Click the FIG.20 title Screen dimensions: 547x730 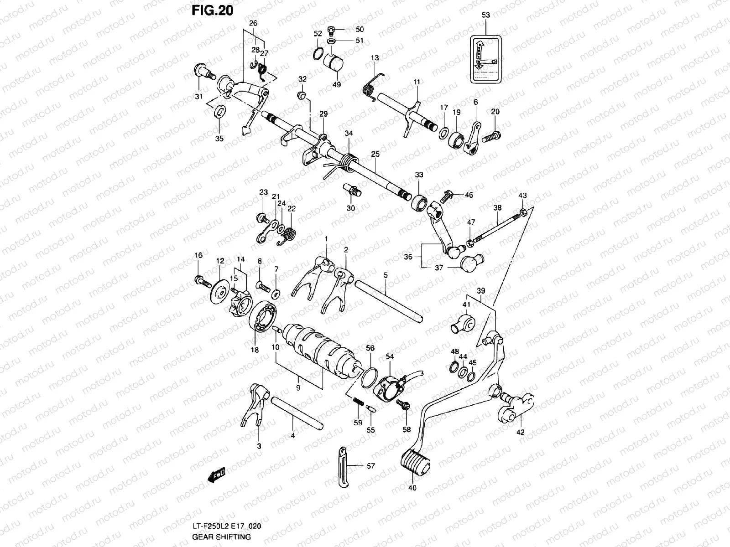tap(212, 10)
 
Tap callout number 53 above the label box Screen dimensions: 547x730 tap(485, 15)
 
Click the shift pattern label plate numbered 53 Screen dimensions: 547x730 tap(485, 60)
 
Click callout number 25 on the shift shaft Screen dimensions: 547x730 tap(375, 155)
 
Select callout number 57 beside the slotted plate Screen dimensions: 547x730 tap(370, 466)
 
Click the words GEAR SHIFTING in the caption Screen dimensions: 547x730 tap(221, 537)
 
